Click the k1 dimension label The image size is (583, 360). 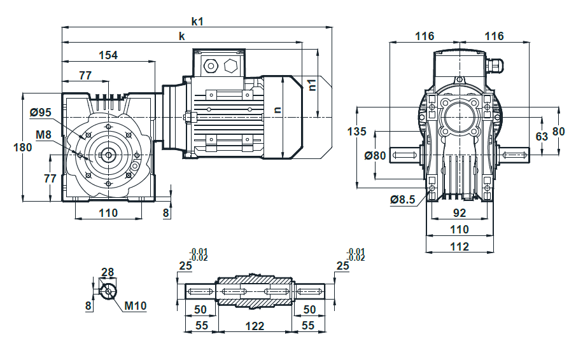click(x=197, y=22)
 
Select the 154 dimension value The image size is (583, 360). click(x=108, y=55)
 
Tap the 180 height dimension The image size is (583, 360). click(x=23, y=147)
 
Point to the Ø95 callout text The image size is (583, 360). click(x=41, y=112)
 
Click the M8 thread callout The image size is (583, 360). click(x=43, y=134)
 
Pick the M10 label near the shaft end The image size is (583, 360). click(x=136, y=306)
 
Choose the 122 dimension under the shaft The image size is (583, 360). click(x=255, y=326)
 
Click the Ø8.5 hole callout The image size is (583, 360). click(x=402, y=200)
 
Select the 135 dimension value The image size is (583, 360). click(x=356, y=131)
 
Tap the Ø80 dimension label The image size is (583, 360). click(x=375, y=155)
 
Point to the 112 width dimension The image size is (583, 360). click(x=460, y=246)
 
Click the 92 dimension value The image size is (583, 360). click(x=460, y=213)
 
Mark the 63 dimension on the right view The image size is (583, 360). click(x=542, y=136)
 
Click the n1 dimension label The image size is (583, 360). click(x=312, y=85)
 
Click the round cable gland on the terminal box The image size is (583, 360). click(x=211, y=66)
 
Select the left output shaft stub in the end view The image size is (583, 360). click(x=405, y=155)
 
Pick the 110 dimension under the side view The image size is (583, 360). click(x=108, y=213)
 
